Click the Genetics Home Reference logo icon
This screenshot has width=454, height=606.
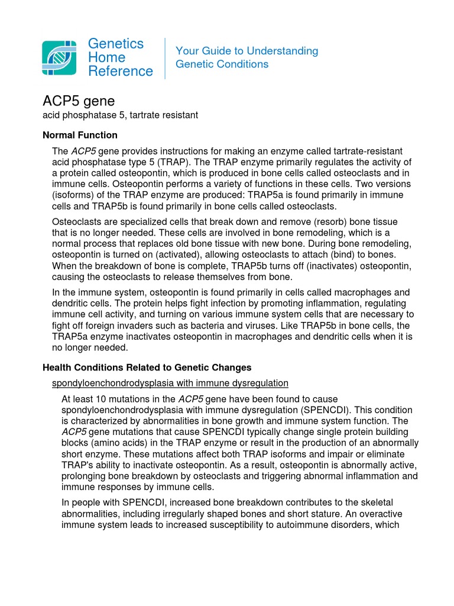tap(59, 58)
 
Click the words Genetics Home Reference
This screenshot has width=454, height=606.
tap(120, 58)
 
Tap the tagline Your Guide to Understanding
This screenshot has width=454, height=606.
tap(247, 51)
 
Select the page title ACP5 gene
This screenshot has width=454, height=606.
tap(79, 101)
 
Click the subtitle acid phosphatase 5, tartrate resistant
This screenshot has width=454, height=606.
tap(120, 115)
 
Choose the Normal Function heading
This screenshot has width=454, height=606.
tap(80, 135)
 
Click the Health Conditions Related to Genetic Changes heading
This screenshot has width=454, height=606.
tap(147, 368)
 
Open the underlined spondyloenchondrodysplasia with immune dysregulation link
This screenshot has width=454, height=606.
tap(170, 383)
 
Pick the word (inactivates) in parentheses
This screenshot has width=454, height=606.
tap(329, 266)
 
